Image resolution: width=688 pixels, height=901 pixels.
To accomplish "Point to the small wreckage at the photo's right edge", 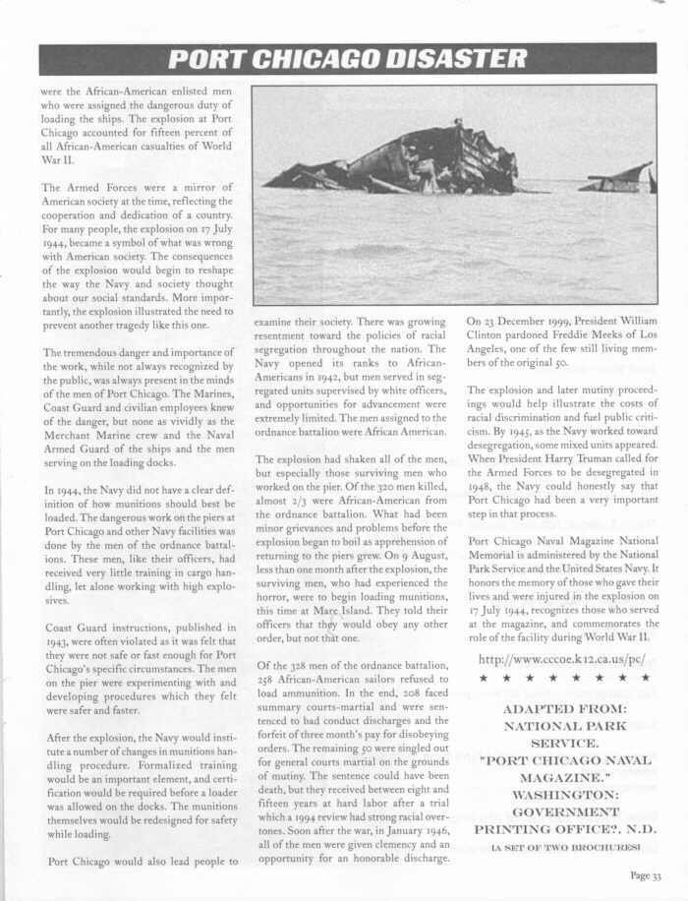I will tap(619, 178).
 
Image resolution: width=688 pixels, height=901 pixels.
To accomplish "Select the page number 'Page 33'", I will tap(645, 877).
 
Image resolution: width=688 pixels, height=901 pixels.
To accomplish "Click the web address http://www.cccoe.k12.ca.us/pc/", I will tap(562, 658).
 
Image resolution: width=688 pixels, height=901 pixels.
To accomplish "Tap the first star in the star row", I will tap(483, 679).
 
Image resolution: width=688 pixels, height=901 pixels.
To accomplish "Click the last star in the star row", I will tap(645, 679).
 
